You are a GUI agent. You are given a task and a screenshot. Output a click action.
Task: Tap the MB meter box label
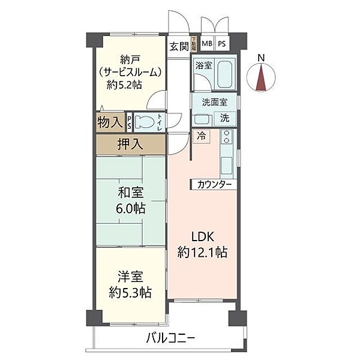(206, 44)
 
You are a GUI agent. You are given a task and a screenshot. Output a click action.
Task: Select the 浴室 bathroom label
(202, 65)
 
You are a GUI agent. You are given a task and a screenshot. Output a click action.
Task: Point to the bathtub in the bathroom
(226, 74)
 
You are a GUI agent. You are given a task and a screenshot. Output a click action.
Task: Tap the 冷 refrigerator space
(201, 135)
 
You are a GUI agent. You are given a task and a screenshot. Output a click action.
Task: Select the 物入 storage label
(110, 122)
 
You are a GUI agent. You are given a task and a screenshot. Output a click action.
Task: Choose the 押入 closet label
(130, 144)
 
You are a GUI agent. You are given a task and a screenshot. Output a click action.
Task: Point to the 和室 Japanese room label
(130, 193)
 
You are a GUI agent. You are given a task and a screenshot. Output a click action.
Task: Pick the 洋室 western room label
(130, 278)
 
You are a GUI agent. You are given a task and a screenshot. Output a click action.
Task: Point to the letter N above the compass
(261, 58)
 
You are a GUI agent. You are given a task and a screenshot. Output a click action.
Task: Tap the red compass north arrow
(261, 78)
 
